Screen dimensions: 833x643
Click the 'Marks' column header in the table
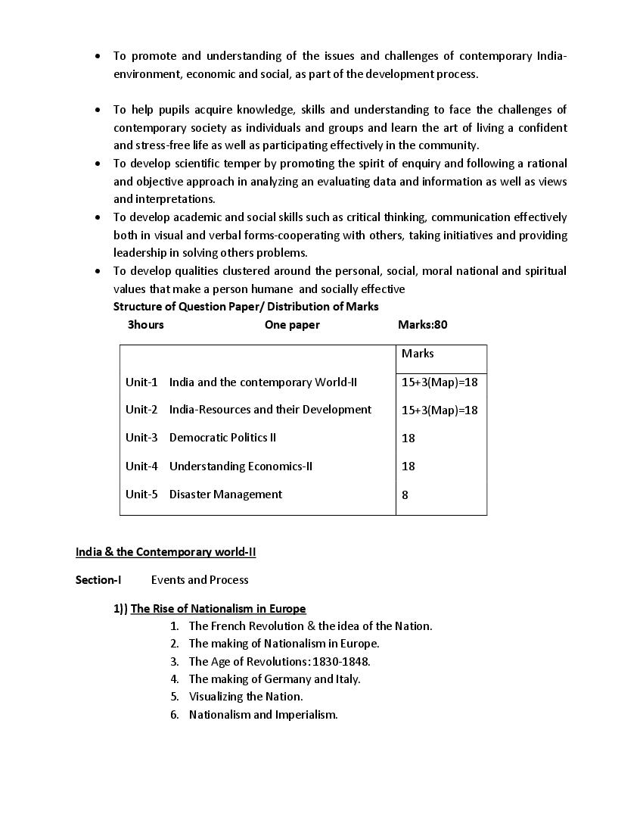(x=418, y=354)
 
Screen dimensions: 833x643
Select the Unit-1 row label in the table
(x=141, y=382)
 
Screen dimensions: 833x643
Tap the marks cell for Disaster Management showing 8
(x=405, y=495)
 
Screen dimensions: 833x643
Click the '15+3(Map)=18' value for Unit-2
(x=440, y=410)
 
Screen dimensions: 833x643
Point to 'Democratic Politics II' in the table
(x=222, y=438)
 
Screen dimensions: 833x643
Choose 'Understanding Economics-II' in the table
(x=241, y=466)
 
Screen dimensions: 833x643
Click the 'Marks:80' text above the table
(x=422, y=325)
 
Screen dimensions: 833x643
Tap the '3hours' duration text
(x=145, y=325)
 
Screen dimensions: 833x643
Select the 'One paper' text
(x=292, y=325)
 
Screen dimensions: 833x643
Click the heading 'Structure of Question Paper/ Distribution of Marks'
(x=246, y=307)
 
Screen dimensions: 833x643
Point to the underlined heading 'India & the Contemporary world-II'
(x=166, y=552)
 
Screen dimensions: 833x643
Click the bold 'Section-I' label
(x=98, y=580)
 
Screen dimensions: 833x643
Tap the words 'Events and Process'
(x=200, y=580)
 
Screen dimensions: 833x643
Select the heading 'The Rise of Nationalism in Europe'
(x=218, y=609)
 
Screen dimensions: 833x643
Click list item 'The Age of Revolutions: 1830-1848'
(x=279, y=662)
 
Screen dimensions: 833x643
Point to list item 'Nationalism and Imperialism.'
(x=263, y=715)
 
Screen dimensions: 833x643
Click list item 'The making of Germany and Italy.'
(x=275, y=679)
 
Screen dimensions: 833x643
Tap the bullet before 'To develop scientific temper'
(x=98, y=164)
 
